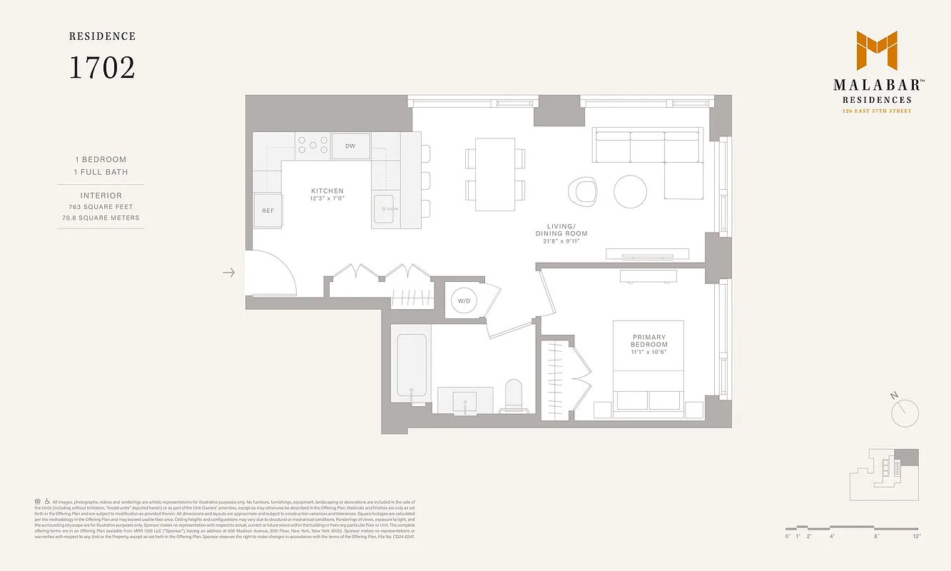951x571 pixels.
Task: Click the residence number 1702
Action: click(x=101, y=68)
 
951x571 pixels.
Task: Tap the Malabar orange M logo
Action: click(x=876, y=51)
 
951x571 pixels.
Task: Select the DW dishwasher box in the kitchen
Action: click(x=350, y=146)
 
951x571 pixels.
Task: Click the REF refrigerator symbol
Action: click(x=268, y=211)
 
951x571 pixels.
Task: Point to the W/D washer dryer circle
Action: click(x=464, y=300)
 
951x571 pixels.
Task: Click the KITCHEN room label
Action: click(x=327, y=191)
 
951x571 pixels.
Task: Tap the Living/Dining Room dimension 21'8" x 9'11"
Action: click(x=561, y=241)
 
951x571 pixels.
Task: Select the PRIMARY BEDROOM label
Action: click(x=649, y=341)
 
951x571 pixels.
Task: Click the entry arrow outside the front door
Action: click(x=228, y=273)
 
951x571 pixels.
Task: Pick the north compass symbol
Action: click(x=905, y=411)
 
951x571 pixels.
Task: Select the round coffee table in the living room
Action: click(x=631, y=191)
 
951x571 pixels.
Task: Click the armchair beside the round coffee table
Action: click(x=584, y=191)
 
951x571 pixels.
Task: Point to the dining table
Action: click(x=494, y=175)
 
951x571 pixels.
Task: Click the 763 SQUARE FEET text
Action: click(x=101, y=207)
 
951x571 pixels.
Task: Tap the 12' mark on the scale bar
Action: click(x=915, y=536)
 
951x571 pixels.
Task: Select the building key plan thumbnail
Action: click(x=884, y=473)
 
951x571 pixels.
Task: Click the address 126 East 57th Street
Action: click(x=876, y=111)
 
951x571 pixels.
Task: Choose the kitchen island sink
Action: click(x=385, y=208)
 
